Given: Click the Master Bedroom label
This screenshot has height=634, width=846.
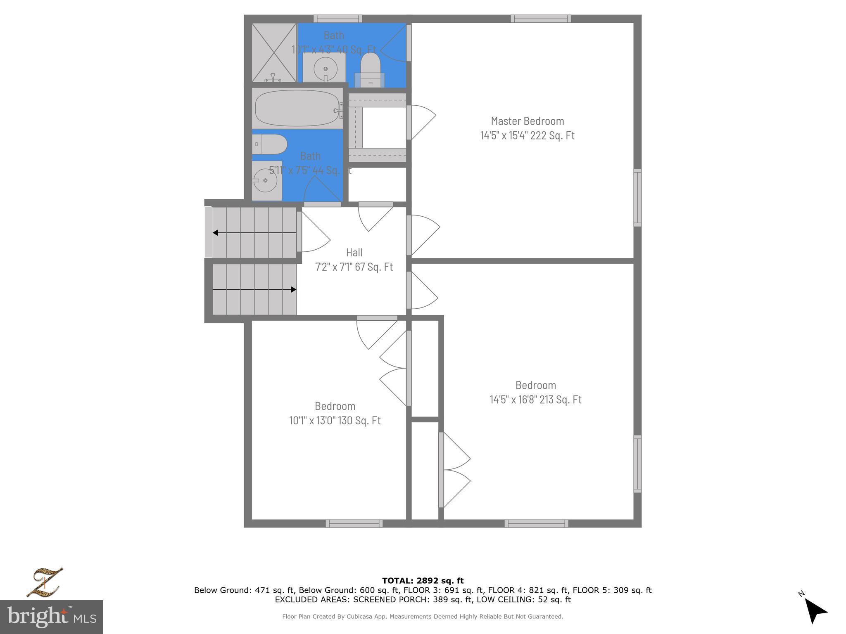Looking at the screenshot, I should coord(527,121).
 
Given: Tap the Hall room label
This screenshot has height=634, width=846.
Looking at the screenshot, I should coord(354,252).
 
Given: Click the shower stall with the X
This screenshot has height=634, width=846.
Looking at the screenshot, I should coord(274,52).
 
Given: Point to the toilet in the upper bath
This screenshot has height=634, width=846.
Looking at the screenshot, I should coord(370,69).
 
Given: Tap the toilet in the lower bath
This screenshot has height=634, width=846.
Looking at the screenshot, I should coord(269,144).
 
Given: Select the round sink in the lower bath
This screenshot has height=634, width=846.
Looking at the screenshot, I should coord(264,180).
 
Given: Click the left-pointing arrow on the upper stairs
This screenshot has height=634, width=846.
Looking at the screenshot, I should coord(216,233).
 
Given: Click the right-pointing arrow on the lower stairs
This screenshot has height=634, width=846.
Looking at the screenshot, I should coord(293,289).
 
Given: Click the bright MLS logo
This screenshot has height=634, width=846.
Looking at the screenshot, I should coord(51,617).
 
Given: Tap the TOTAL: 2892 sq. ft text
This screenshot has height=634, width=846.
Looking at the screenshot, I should coord(423,581).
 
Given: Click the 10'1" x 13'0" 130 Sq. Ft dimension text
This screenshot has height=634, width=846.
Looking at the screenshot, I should coord(335,421).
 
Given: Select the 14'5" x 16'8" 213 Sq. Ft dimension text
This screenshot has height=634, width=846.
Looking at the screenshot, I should coord(535,400).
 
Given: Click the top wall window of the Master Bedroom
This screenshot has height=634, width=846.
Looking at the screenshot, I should coord(541,19).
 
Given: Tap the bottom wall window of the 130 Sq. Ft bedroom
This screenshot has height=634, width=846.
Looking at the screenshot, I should coord(354,523).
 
